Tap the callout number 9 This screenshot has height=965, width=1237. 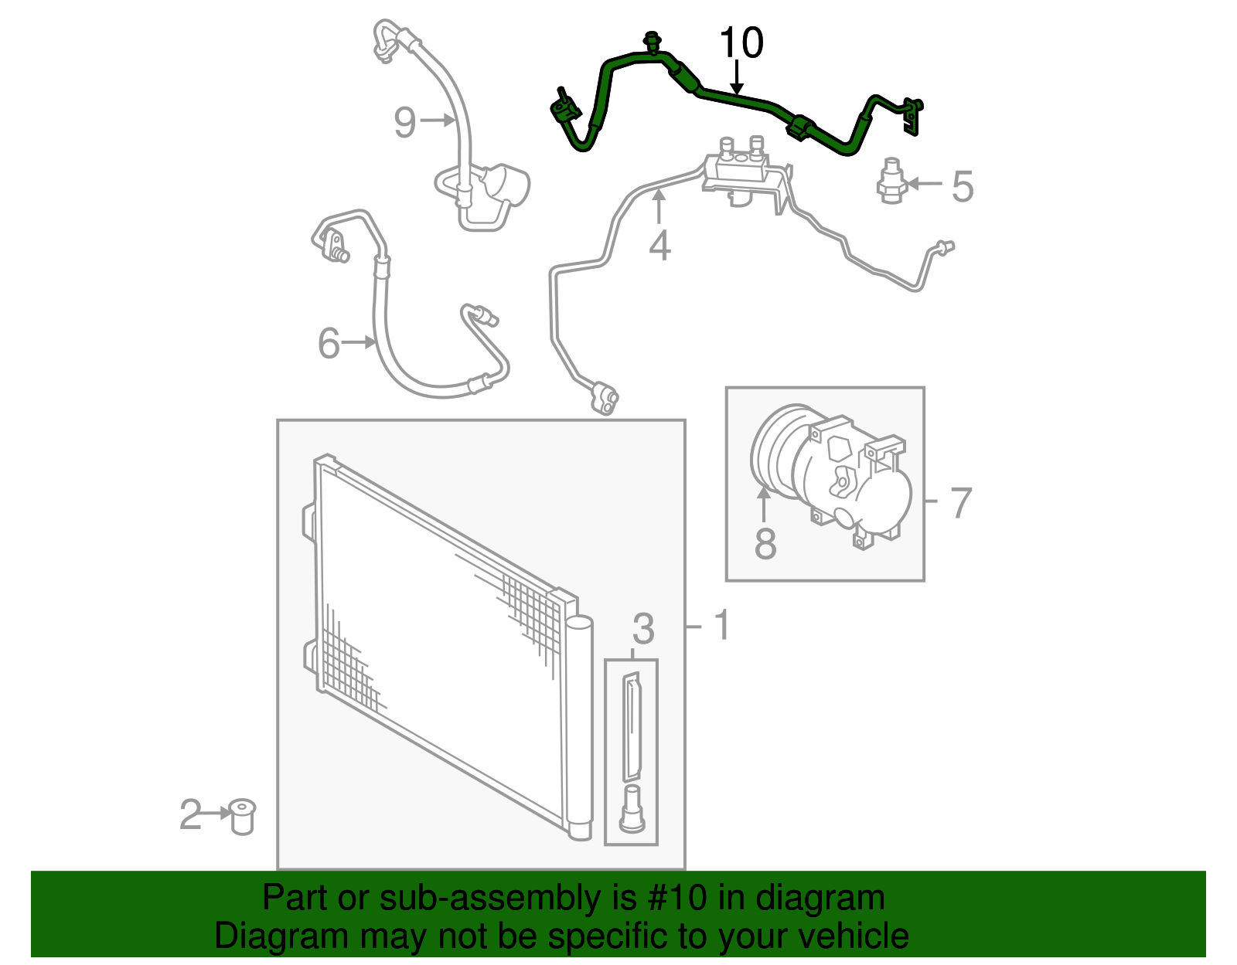click(x=405, y=122)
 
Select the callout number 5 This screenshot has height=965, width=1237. click(x=962, y=186)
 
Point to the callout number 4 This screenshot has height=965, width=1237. click(x=659, y=246)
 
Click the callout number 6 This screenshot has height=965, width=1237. click(x=329, y=343)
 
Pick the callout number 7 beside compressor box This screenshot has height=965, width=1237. click(x=959, y=503)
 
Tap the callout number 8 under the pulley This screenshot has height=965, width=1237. click(x=765, y=543)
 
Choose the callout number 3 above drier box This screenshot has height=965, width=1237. click(x=643, y=629)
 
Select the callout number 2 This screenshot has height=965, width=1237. click(x=190, y=815)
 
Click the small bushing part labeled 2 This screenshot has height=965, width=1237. click(x=243, y=817)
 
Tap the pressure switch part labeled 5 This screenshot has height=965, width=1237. click(x=891, y=181)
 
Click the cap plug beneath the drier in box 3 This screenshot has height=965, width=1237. click(x=632, y=809)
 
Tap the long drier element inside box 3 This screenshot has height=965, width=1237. click(x=632, y=726)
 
